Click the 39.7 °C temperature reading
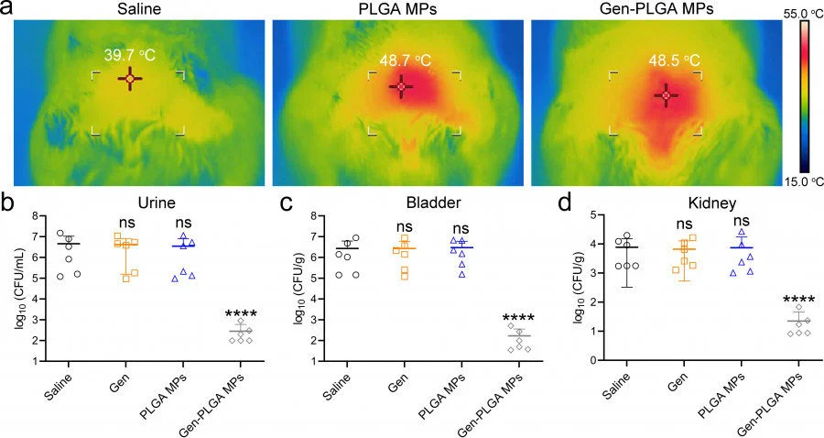[x=129, y=56]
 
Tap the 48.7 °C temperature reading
[x=406, y=60]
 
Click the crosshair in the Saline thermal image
[x=129, y=80]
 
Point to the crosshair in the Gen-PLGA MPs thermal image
[x=666, y=95]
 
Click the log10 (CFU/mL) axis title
[x=20, y=286]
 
